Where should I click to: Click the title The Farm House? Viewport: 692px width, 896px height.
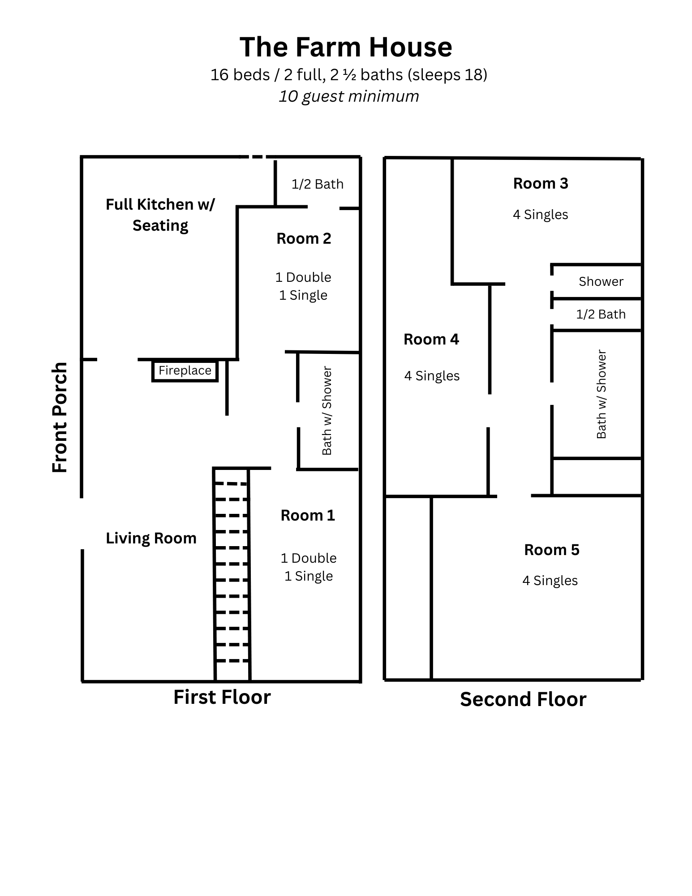coord(346,47)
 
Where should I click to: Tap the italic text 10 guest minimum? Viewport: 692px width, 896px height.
coord(348,96)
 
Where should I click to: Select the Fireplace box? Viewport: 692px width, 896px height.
coord(185,371)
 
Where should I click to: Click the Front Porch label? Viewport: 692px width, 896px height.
coord(60,417)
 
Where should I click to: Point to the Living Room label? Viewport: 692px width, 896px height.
coord(151,538)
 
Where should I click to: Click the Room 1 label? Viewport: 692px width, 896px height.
coord(308,516)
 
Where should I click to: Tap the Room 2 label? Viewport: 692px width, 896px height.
coord(304,239)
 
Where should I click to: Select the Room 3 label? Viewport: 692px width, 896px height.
coord(541,184)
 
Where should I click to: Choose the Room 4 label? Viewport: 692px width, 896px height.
coord(431,340)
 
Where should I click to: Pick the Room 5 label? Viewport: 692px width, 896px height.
coord(552,550)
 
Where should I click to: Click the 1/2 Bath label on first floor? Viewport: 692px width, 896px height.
coord(318,184)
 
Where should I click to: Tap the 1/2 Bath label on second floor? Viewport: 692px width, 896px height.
coord(601,314)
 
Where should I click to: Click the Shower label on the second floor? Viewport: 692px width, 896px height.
coord(601,282)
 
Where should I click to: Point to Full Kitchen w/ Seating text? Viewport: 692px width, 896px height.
coord(160,215)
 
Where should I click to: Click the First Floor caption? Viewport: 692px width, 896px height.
coord(222,698)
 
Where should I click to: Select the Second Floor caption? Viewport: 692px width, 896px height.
coord(523,700)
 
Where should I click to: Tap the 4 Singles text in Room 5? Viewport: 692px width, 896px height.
coord(550,581)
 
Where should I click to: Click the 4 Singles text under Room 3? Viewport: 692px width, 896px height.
coord(541,215)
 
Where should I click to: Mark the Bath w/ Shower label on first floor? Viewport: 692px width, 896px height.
coord(327,411)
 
